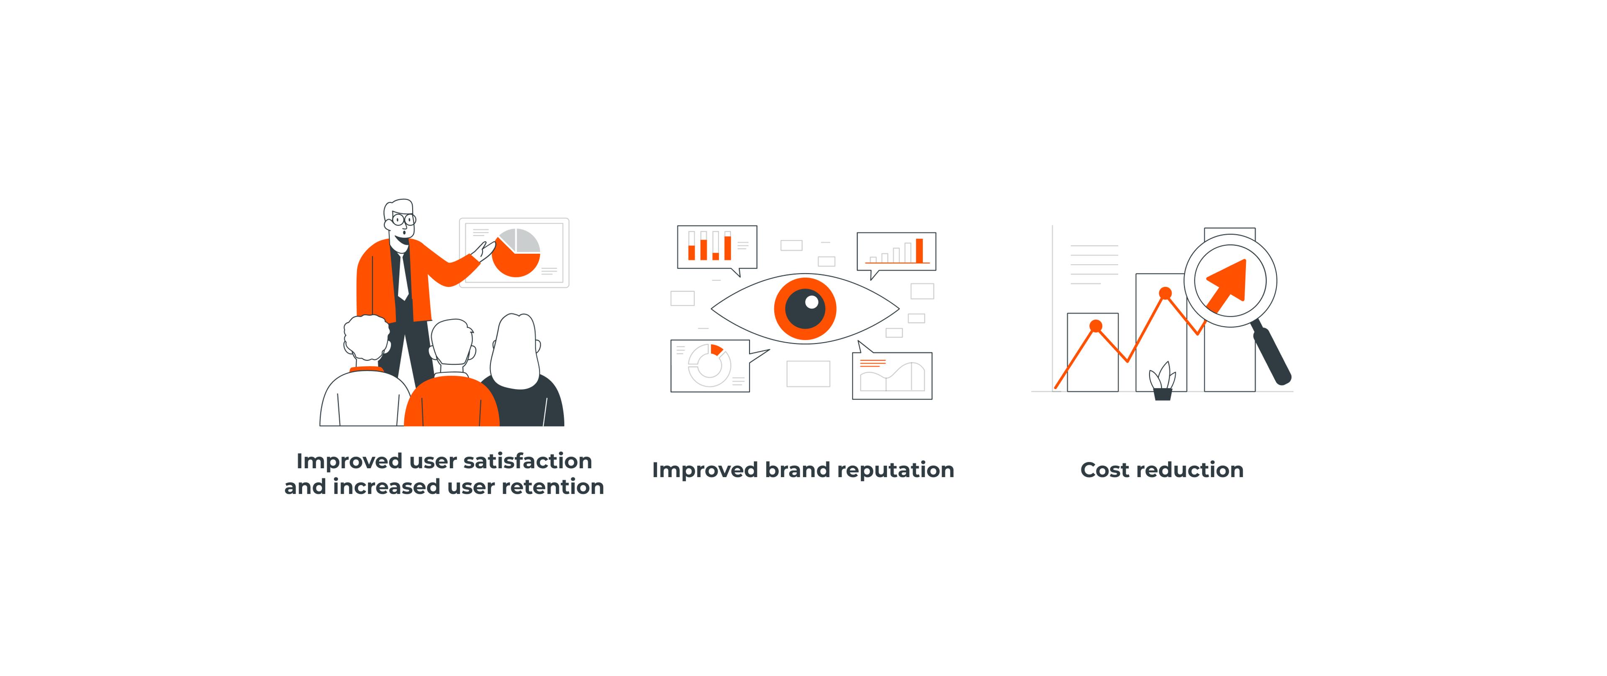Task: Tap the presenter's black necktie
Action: point(402,275)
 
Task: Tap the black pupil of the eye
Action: point(805,308)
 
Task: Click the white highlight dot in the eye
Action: point(811,302)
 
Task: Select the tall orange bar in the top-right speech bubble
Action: point(919,250)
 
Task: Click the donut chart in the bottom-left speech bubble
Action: point(709,365)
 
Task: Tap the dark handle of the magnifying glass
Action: point(1272,355)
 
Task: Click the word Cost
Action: point(1105,470)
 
